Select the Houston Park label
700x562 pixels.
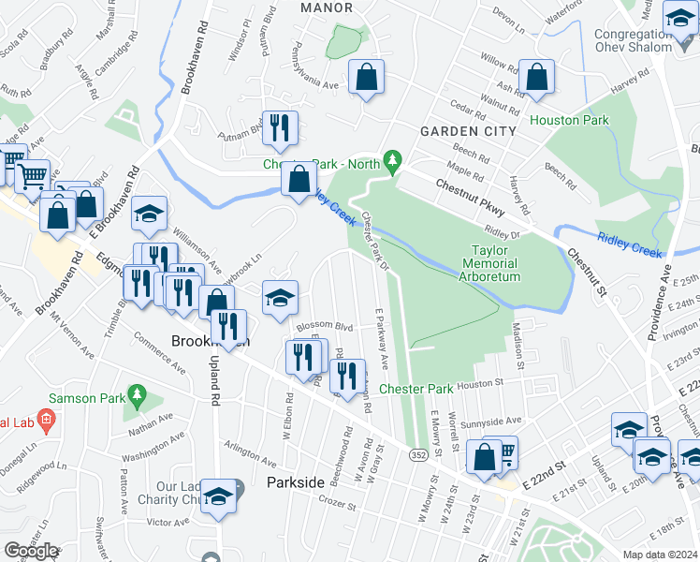point(569,120)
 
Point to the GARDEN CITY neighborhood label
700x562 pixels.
point(468,131)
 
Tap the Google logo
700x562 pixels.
point(32,550)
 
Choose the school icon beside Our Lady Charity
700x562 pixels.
point(218,495)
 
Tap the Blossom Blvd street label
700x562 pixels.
point(324,327)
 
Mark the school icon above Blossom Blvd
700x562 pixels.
point(279,299)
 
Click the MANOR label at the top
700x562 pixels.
point(327,7)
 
